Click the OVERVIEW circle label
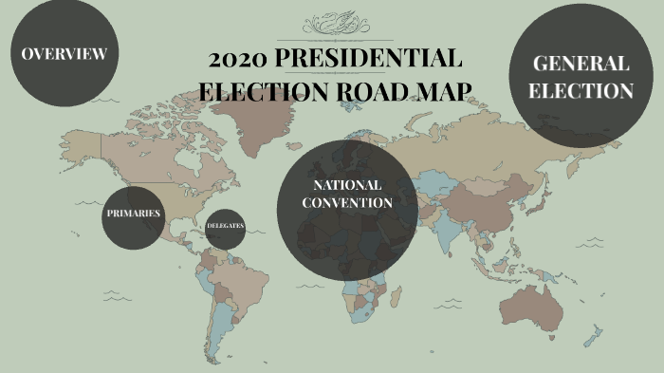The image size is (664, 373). [65, 53]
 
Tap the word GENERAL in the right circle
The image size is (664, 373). [581, 64]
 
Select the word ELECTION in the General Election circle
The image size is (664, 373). [581, 91]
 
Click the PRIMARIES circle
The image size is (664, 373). [133, 214]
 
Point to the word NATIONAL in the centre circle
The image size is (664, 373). [347, 184]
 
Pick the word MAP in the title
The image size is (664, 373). [444, 91]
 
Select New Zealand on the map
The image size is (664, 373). [595, 335]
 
